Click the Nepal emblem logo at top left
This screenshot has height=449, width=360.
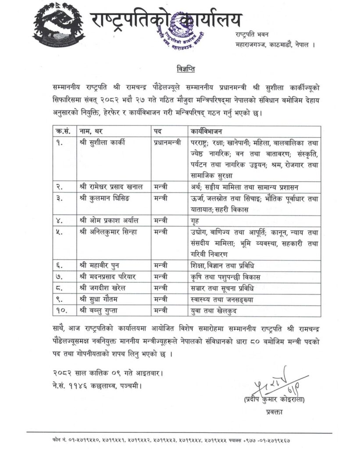coord(59,25)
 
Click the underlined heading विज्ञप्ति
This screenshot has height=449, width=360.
coord(180,69)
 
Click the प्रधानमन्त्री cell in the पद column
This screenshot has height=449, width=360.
coord(167,143)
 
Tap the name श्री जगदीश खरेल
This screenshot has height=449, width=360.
coord(101,289)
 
